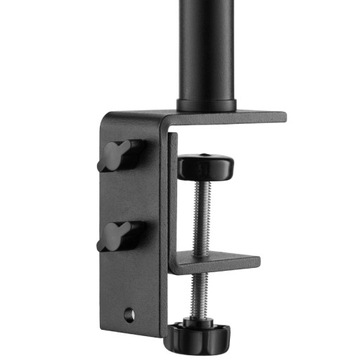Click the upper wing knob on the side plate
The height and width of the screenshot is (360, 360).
pos(117,155)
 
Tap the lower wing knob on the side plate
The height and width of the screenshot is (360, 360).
pos(117,236)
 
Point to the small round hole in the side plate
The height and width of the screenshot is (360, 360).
pos(127,315)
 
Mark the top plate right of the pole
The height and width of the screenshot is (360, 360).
pos(260,116)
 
